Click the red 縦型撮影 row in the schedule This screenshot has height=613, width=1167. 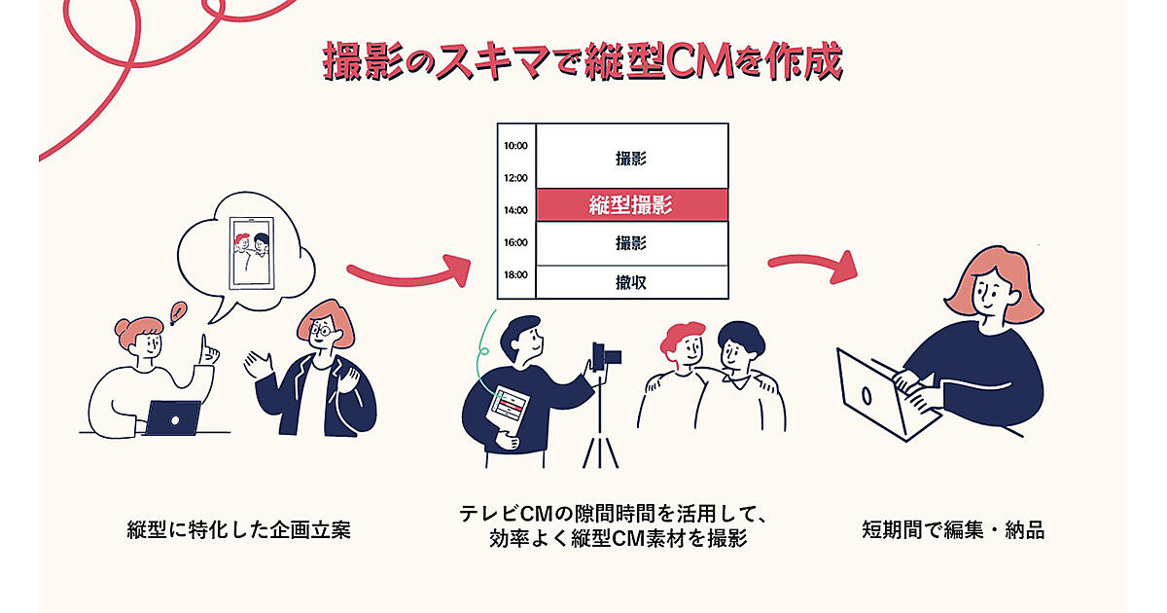[631, 205]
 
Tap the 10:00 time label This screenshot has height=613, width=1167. [515, 146]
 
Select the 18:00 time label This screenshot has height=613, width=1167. [515, 274]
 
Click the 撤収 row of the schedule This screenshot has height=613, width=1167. [631, 282]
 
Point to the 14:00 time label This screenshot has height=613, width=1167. [515, 210]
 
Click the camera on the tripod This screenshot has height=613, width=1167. [607, 354]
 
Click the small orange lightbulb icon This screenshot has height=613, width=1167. [178, 312]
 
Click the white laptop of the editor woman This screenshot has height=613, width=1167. [871, 394]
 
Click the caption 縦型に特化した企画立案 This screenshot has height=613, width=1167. [238, 531]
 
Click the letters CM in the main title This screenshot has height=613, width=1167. [698, 60]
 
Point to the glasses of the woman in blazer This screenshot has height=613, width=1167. [321, 330]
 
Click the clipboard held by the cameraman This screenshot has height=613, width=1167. [512, 409]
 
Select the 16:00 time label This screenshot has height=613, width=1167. [515, 242]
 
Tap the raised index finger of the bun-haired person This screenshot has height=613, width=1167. [203, 343]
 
